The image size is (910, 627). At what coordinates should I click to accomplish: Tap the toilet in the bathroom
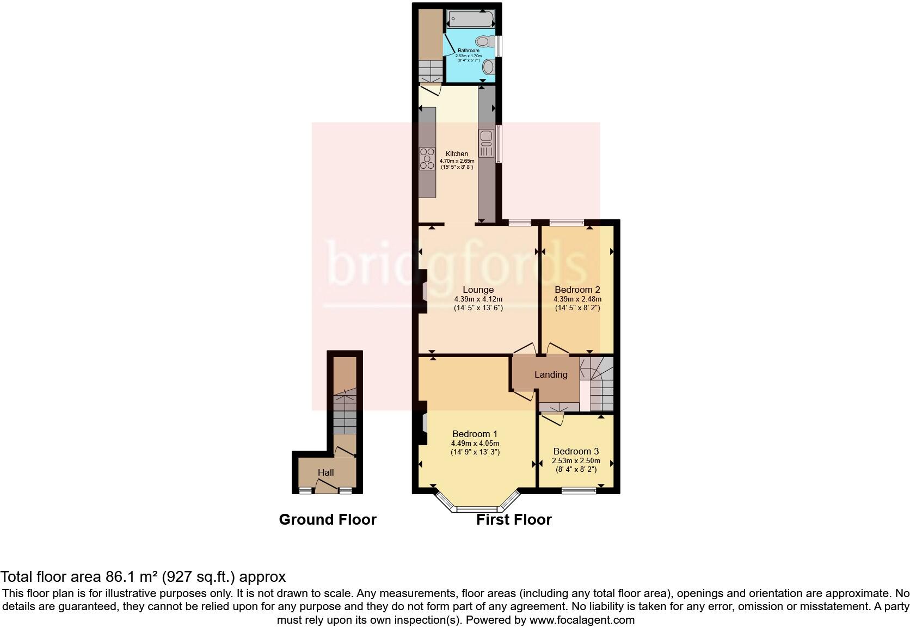(483, 41)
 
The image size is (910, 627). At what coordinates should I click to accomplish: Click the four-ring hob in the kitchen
(427, 159)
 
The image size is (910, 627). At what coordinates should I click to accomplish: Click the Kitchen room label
(457, 154)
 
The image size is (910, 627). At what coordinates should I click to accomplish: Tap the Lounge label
(478, 290)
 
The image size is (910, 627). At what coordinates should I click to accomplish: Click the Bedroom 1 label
(475, 434)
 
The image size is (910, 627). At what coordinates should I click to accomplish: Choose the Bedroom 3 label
(576, 451)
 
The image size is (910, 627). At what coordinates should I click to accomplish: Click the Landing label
(551, 374)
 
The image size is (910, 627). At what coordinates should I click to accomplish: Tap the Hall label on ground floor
(325, 472)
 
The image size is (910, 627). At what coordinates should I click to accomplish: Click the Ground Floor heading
(328, 520)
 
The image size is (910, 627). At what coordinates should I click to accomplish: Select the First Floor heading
(514, 520)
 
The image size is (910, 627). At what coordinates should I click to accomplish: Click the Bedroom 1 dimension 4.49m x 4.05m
(475, 443)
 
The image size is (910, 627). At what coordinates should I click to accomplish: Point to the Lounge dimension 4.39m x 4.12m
(478, 299)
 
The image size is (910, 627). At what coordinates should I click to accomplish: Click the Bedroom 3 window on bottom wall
(579, 490)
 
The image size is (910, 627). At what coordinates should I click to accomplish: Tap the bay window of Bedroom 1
(477, 509)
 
